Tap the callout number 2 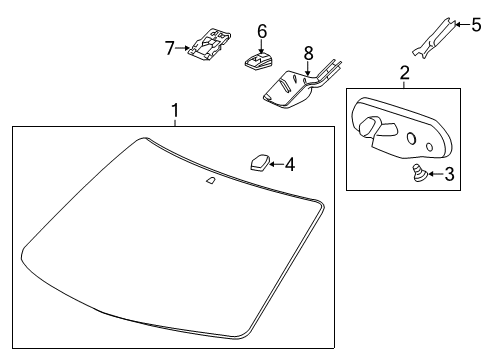point(404,72)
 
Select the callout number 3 point(449,174)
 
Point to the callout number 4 point(290,163)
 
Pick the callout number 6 point(262,31)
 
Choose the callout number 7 point(170,46)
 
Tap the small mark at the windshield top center point(211,181)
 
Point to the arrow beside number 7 point(185,46)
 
